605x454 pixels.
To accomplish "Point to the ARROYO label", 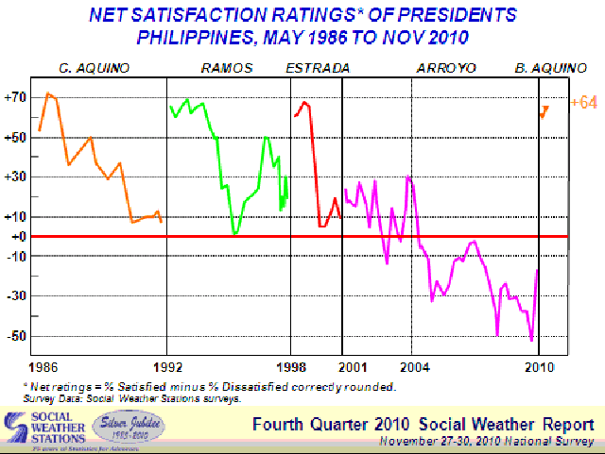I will (x=445, y=68).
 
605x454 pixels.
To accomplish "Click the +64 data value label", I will (x=583, y=102).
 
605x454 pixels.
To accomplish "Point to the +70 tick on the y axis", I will (x=15, y=96).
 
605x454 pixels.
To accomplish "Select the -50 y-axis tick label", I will (x=16, y=336).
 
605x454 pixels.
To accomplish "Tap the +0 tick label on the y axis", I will (x=17, y=236).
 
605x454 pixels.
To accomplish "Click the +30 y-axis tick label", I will (x=15, y=177).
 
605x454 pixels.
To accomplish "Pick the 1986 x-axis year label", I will (x=43, y=365).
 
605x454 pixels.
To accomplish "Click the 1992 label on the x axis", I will (x=167, y=365).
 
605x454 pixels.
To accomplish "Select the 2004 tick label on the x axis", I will (x=412, y=365).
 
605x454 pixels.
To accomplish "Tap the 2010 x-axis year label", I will (x=539, y=365).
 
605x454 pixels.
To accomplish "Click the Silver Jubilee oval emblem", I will (x=132, y=425).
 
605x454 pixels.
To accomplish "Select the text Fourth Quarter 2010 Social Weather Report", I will (x=423, y=423).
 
